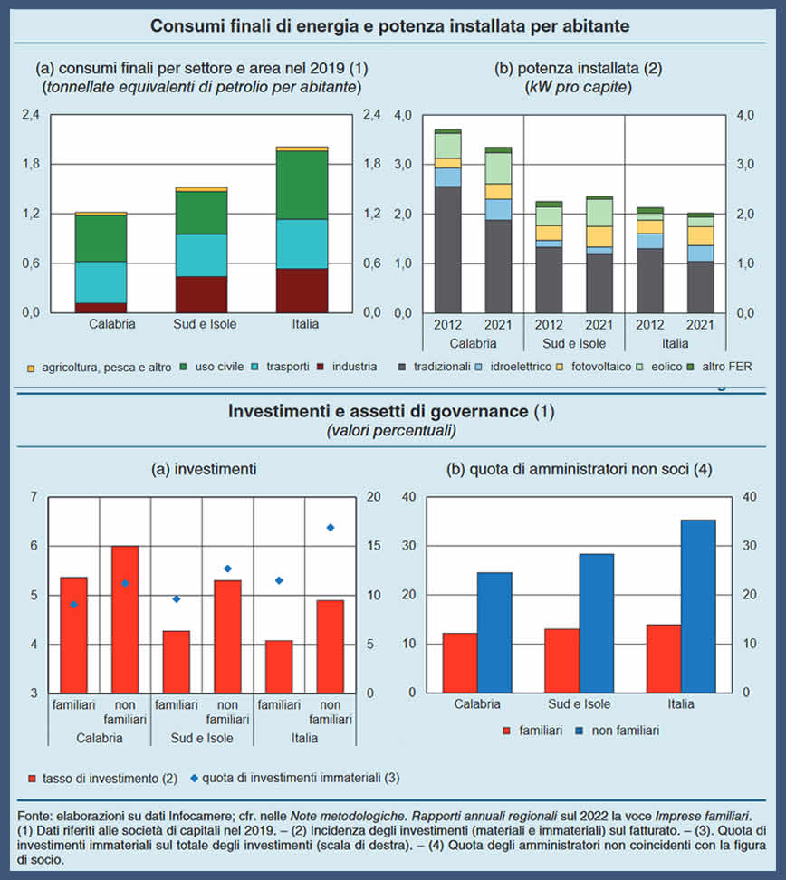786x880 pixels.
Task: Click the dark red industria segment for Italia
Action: point(302,290)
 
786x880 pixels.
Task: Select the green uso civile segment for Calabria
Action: point(101,238)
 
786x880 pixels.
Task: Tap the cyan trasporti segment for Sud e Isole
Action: point(201,254)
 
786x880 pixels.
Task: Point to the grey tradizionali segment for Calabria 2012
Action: point(447,249)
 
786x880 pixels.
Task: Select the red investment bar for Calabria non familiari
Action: point(125,619)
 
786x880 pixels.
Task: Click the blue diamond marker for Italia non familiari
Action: point(331,528)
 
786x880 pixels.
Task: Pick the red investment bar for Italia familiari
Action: point(279,666)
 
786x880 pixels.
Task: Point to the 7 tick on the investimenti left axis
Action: point(34,497)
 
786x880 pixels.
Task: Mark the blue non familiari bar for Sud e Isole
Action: point(596,623)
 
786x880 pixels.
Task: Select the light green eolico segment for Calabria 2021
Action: point(498,167)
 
